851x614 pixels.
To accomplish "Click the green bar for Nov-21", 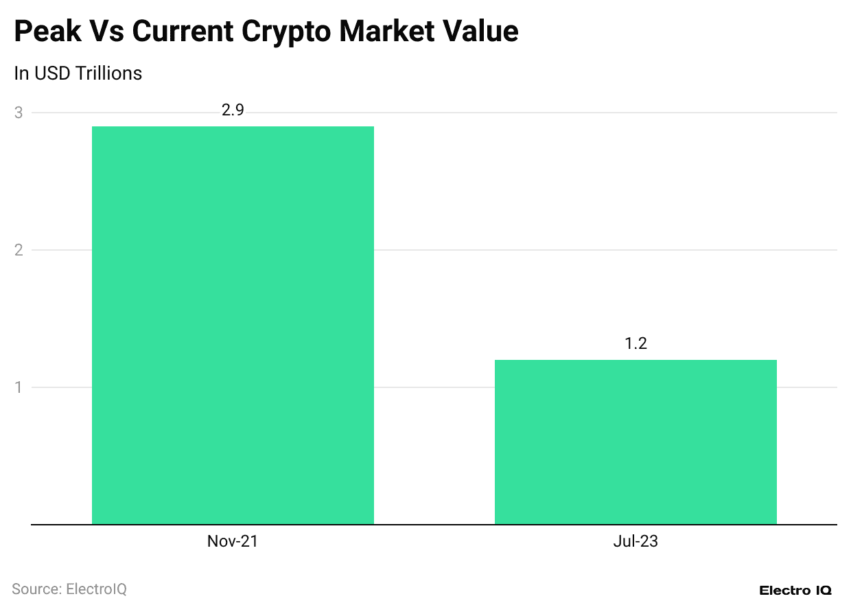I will click(x=233, y=325).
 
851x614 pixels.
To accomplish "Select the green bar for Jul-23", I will click(x=636, y=442).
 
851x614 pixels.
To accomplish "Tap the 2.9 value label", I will click(x=233, y=110).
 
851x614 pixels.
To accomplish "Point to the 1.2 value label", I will click(x=636, y=343).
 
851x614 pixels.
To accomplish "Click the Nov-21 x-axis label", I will click(x=233, y=541).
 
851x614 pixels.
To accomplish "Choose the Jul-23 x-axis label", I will click(x=636, y=541).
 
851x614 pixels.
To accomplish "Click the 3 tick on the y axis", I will click(x=19, y=113).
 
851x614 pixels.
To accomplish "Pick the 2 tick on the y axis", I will click(x=19, y=250).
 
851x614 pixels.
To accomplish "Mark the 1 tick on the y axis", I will click(x=19, y=387).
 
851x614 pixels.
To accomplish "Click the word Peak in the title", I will click(x=47, y=32).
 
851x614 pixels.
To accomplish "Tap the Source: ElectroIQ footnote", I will click(x=69, y=589).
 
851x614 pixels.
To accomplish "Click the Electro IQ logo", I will click(x=795, y=590).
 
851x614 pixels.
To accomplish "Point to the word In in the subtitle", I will click(x=21, y=73).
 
